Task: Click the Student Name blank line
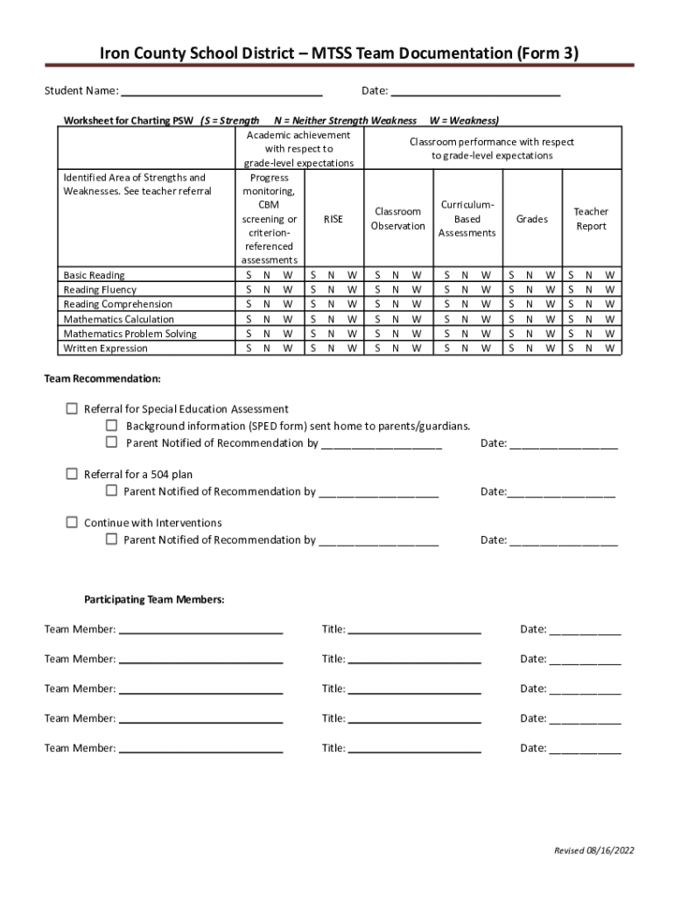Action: [221, 92]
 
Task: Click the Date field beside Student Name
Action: [474, 92]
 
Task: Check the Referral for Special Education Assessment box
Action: [72, 409]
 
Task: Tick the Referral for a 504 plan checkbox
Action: [72, 474]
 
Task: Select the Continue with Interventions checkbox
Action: [72, 522]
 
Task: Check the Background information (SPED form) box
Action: [111, 426]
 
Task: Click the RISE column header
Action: [333, 219]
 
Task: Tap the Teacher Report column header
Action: [591, 219]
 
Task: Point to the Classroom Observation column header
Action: [397, 219]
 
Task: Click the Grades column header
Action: [531, 219]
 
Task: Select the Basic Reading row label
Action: [94, 275]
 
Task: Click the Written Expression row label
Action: [105, 349]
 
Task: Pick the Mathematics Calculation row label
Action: [118, 319]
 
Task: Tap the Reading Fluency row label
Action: [100, 290]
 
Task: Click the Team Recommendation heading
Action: [102, 379]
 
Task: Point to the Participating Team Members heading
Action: [154, 600]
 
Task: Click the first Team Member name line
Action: [200, 630]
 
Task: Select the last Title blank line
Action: [414, 749]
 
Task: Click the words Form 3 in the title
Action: [547, 54]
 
